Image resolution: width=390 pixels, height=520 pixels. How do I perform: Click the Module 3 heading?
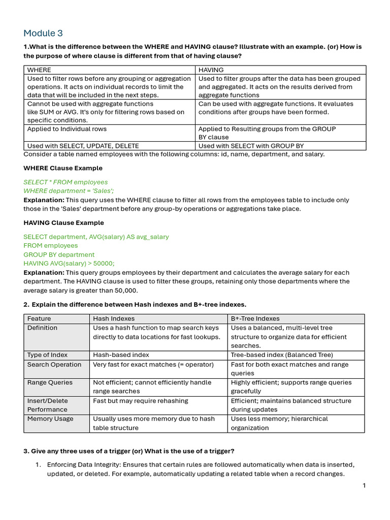[x=43, y=34]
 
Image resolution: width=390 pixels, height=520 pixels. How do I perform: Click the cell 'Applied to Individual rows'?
[x=67, y=129]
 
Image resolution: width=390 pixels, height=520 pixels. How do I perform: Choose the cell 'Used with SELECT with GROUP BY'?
[x=251, y=146]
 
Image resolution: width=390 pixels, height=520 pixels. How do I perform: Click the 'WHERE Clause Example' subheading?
[x=63, y=168]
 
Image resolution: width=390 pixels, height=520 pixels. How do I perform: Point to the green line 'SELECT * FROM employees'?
[x=66, y=182]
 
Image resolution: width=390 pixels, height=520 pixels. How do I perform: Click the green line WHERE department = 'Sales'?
[x=69, y=190]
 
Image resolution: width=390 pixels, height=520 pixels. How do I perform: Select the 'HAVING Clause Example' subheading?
[x=63, y=222]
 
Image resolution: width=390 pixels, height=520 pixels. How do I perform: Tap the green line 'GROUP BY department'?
[x=59, y=254]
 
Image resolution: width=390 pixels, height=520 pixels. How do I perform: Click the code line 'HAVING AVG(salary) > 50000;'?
[x=69, y=263]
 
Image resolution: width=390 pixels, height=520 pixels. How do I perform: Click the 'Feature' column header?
[x=39, y=318]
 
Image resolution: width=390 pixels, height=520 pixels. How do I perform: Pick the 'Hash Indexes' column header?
[x=114, y=318]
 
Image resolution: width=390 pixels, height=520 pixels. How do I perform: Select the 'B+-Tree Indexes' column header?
[x=255, y=318]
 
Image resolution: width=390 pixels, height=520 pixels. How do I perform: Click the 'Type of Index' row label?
[x=47, y=355]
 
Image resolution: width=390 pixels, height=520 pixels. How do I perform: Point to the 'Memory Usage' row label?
[x=50, y=419]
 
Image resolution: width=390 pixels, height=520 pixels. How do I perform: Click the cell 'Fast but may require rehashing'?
[x=141, y=401]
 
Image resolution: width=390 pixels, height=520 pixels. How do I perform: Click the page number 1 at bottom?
[x=364, y=485]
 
